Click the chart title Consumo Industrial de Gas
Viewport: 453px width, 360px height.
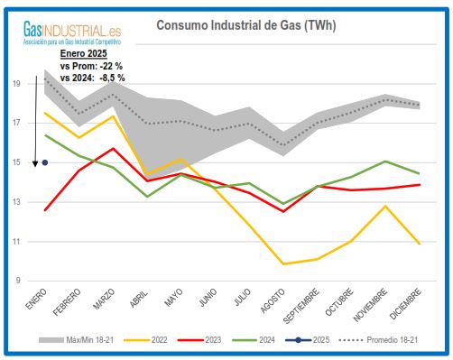(245, 25)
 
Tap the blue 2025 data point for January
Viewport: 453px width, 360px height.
(45, 162)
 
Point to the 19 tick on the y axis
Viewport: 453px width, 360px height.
(17, 83)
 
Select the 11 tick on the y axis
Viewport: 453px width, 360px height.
(17, 242)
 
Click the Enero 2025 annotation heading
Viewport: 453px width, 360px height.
(83, 56)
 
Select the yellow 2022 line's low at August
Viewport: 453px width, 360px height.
(284, 263)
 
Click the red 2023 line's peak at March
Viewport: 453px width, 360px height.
(113, 149)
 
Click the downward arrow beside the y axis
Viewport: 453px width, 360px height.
(34, 162)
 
